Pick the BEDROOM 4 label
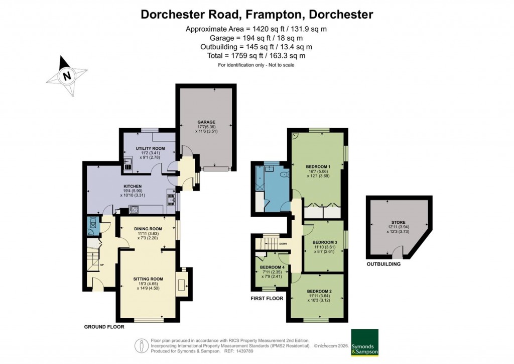click(273, 267)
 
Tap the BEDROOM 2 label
click(319, 292)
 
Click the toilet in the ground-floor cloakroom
click(92, 224)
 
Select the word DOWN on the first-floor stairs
click(283, 244)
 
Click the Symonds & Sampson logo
click(364, 343)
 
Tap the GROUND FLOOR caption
click(104, 327)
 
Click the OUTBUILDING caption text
click(383, 264)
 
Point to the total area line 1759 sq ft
click(256, 56)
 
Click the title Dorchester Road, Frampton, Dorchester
click(256, 14)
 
